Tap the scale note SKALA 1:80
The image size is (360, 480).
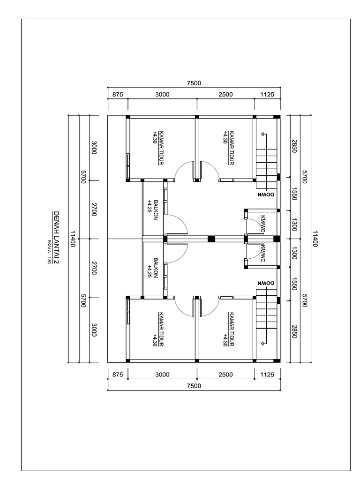pyautogui.click(x=49, y=252)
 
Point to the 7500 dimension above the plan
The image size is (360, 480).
pyautogui.click(x=194, y=83)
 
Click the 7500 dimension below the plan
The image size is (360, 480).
pyautogui.click(x=194, y=386)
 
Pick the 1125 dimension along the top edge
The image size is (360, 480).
pyautogui.click(x=267, y=94)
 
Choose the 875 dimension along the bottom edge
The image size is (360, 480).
pyautogui.click(x=118, y=375)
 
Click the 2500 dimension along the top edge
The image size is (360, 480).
pyautogui.click(x=225, y=94)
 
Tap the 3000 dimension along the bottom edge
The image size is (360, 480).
pyautogui.click(x=162, y=375)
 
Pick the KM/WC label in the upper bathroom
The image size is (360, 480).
pyautogui.click(x=263, y=224)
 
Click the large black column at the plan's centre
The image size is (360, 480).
pyautogui.click(x=211, y=239)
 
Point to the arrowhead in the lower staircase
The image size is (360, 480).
pyautogui.click(x=263, y=344)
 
